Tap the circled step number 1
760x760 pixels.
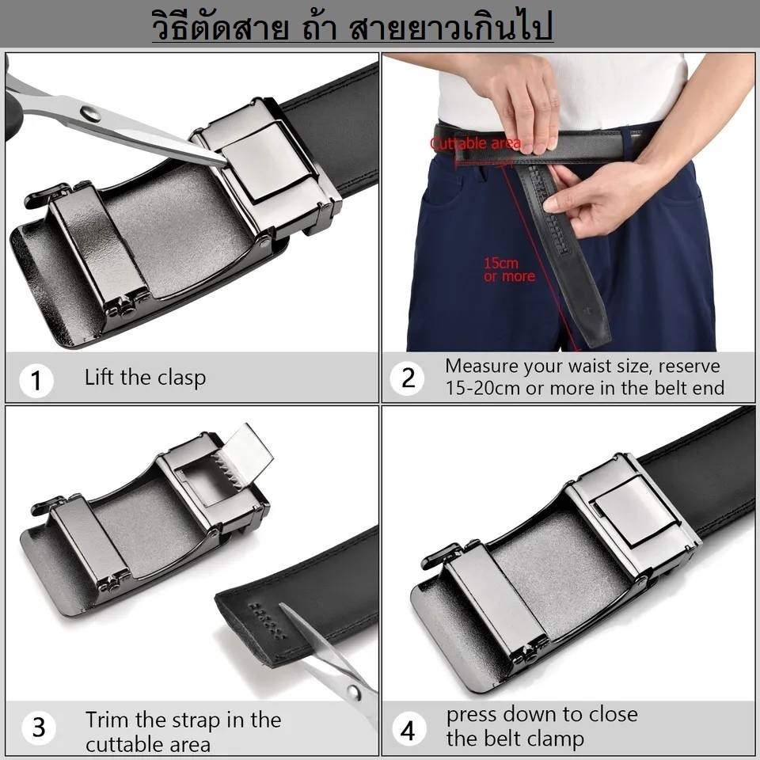[35, 380]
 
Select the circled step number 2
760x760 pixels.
[408, 378]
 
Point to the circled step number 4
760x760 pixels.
[408, 729]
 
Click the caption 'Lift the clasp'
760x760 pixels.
[145, 378]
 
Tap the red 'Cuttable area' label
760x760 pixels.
[475, 144]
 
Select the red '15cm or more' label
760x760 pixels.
[509, 270]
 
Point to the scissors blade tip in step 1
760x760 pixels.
[224, 162]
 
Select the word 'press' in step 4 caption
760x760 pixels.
[475, 714]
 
